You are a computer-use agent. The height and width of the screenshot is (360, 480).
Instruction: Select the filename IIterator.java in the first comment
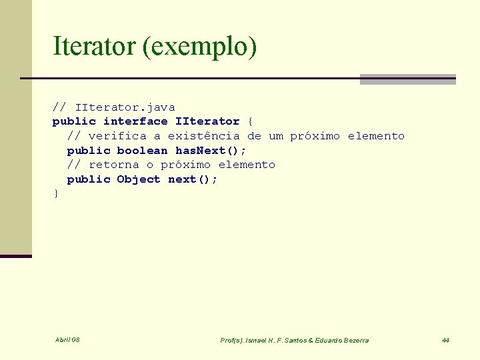125,107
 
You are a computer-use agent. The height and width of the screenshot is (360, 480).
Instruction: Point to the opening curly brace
250,121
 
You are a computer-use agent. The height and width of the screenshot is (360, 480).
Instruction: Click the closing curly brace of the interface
56,193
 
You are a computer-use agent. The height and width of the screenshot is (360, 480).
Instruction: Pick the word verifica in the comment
117,136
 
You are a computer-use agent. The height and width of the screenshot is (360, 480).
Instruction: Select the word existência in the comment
203,136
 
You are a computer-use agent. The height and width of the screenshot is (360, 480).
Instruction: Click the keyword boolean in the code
142,151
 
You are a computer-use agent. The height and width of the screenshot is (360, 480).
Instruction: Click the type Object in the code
139,179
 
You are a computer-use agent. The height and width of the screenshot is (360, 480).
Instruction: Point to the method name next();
193,179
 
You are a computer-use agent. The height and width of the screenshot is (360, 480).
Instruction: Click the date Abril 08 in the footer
67,340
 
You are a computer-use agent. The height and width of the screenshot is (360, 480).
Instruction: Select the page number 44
445,341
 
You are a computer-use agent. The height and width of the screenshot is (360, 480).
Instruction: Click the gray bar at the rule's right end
407,79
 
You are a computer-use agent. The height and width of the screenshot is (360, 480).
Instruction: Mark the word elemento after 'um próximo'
376,136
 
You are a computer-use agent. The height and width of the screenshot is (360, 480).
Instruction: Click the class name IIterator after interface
207,121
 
